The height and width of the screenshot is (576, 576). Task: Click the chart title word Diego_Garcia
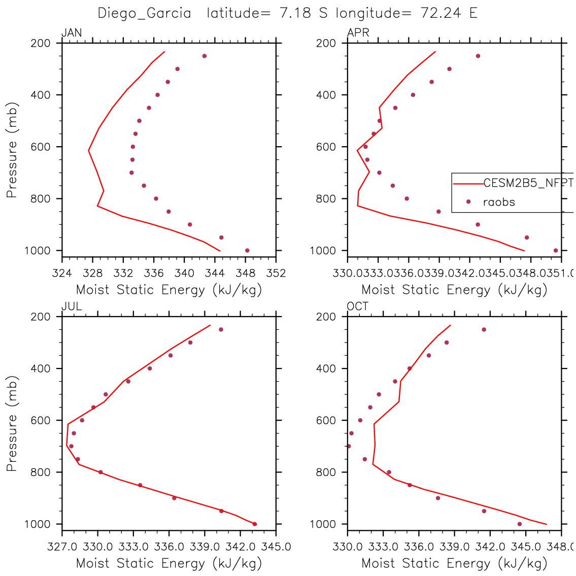[x=145, y=13]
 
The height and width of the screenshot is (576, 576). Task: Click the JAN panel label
[x=72, y=33]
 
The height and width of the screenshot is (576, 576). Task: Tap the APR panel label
[x=358, y=33]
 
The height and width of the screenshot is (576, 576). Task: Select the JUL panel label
[x=72, y=307]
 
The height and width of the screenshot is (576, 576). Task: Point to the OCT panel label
[x=358, y=307]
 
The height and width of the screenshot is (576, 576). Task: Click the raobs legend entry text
[x=499, y=202]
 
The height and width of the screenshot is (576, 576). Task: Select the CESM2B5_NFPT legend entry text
[x=528, y=184]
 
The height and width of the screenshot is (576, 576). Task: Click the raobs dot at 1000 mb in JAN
[x=247, y=250]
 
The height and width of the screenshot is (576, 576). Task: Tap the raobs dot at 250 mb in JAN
[x=205, y=56]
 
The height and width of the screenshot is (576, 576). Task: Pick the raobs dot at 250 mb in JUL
[x=221, y=329]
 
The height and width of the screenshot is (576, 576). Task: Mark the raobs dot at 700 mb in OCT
[x=349, y=446]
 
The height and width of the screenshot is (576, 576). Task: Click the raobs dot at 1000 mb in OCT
[x=520, y=524]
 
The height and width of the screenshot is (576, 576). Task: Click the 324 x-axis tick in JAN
[x=62, y=273]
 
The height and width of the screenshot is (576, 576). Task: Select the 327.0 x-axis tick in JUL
[x=62, y=547]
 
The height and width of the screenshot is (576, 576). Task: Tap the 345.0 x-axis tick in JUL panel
[x=276, y=547]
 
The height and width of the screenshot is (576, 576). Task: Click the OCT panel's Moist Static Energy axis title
[x=454, y=563]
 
